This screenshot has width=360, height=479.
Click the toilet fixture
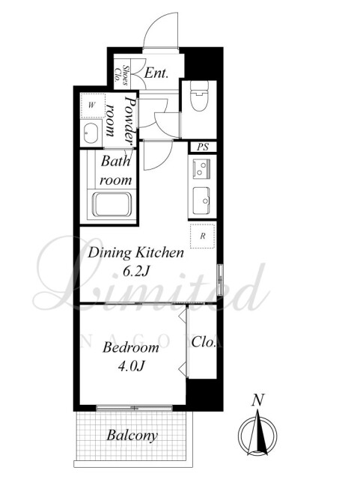pos(199,95)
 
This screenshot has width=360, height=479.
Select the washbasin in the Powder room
pos(91,133)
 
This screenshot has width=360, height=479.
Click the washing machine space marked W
pos(92,106)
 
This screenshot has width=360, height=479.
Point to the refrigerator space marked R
pos(203,236)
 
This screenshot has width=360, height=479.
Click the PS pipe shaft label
pos(203,147)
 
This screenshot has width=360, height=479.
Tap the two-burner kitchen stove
pos(201,168)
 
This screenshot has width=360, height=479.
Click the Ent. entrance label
pos(156,73)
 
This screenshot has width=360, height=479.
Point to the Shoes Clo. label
pos(121,73)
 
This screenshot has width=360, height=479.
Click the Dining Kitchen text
pos(135,253)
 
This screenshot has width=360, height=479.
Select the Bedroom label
pos(131,347)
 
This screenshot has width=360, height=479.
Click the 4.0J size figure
pos(131,366)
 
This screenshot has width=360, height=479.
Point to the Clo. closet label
pos(204,342)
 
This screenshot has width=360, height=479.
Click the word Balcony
pos(132,436)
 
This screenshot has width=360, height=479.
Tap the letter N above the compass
pos(257,400)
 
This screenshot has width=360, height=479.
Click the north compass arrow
pos(257,433)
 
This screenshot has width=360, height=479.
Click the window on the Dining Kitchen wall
pos(220,280)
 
